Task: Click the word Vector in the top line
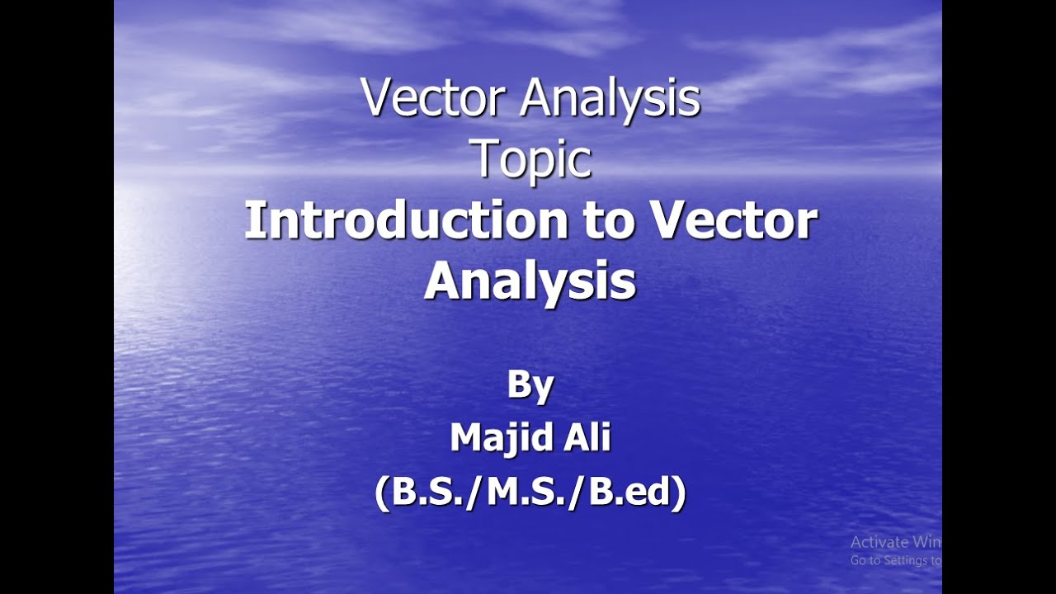(x=434, y=99)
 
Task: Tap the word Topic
(x=531, y=161)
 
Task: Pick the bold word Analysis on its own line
(x=530, y=282)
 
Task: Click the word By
(x=530, y=386)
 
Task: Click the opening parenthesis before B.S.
(x=382, y=493)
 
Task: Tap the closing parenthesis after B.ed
(x=679, y=493)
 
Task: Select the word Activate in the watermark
(x=879, y=542)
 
